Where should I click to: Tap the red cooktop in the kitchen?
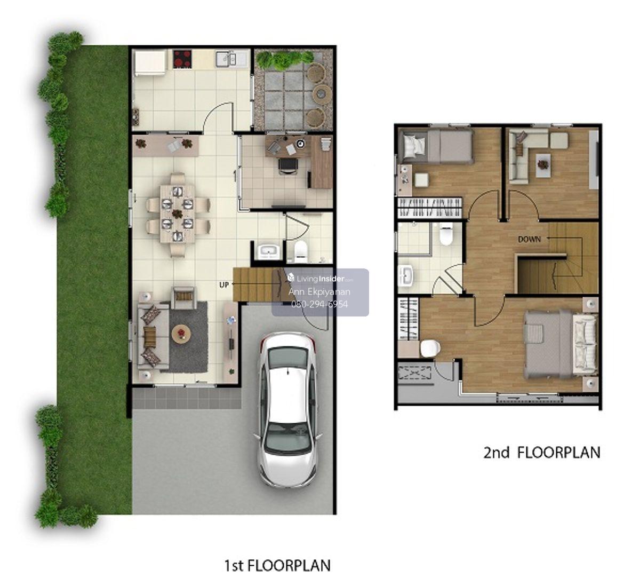click(x=182, y=59)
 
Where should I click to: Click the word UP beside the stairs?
click(x=223, y=285)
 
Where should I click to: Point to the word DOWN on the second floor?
click(x=530, y=239)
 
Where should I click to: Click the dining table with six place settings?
click(x=178, y=214)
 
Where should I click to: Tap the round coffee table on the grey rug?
click(x=181, y=334)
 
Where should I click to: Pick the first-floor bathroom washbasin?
click(x=269, y=252)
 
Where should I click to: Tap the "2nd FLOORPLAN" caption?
click(x=542, y=453)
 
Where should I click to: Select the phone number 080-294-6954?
click(x=319, y=304)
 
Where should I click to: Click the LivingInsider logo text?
click(x=320, y=279)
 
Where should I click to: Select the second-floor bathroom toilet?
click(x=446, y=234)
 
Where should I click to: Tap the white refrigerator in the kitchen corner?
click(x=150, y=62)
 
